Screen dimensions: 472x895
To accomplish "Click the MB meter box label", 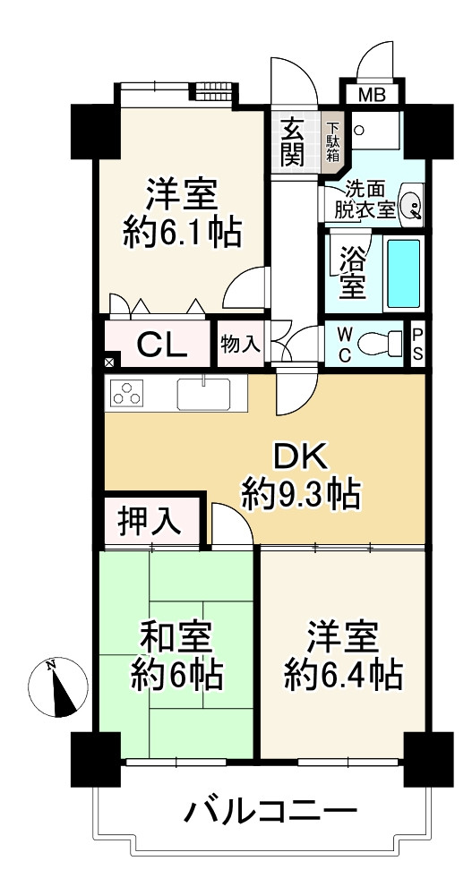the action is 373,94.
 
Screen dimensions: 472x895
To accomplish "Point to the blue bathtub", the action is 403,273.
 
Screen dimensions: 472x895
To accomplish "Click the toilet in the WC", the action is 380,344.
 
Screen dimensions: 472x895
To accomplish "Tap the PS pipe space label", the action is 417,345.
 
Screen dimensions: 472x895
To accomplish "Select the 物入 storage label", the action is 241,345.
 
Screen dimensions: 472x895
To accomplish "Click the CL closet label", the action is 163,344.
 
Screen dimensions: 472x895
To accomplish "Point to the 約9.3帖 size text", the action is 301,493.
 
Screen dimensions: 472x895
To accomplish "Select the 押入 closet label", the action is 150,521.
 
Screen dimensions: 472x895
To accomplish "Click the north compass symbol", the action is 57,687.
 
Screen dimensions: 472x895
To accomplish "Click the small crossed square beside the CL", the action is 109,362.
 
